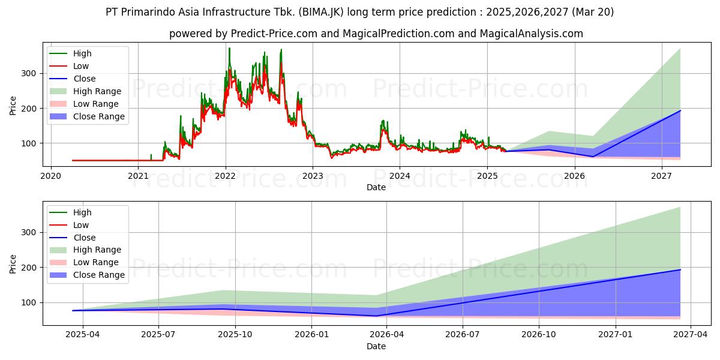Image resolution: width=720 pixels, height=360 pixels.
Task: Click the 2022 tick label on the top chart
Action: coord(226,176)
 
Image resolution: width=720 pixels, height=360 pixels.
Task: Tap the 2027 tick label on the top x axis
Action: coord(661,176)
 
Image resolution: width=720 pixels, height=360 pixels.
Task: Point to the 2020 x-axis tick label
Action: coord(51,176)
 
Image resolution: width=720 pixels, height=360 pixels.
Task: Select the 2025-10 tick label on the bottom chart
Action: coord(235,335)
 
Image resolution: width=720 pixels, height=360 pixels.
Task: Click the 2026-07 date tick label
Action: coord(463,335)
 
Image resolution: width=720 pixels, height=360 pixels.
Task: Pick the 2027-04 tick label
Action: coord(691,335)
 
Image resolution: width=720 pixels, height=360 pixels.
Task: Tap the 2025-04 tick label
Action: coord(83,335)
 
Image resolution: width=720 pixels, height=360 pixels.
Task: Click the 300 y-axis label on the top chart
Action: coord(29,74)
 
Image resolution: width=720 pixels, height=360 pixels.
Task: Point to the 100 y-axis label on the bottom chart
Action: coord(29,303)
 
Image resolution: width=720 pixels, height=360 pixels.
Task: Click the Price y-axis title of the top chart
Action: coord(13,106)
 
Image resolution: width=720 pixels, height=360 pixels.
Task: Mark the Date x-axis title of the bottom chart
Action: coord(376,346)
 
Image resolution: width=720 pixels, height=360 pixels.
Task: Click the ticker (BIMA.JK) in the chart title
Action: coord(321,12)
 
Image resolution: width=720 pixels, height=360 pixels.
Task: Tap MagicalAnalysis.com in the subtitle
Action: coord(532,34)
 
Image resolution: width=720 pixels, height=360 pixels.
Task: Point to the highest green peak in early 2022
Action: coord(229,48)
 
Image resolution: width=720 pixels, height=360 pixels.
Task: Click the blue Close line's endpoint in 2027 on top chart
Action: coord(680,110)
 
